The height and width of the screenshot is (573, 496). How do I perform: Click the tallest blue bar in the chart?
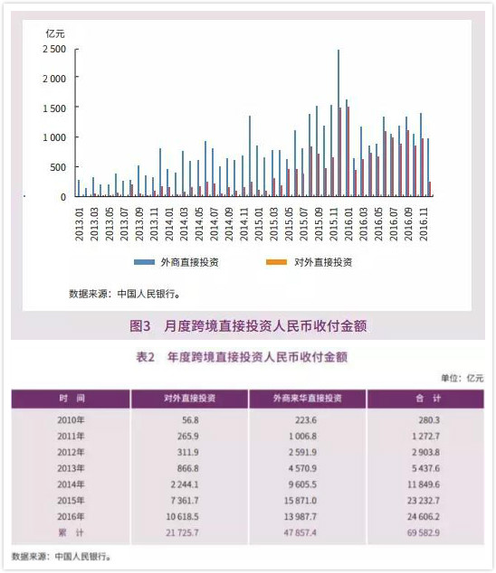click(x=339, y=123)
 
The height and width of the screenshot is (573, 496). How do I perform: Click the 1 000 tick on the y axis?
click(x=54, y=137)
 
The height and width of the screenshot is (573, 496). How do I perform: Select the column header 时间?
click(x=71, y=399)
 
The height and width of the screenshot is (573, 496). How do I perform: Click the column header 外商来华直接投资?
click(x=307, y=399)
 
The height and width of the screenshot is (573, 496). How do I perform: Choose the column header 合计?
click(x=424, y=399)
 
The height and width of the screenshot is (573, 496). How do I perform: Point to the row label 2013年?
click(x=71, y=468)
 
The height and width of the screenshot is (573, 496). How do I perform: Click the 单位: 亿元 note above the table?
click(x=462, y=378)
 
